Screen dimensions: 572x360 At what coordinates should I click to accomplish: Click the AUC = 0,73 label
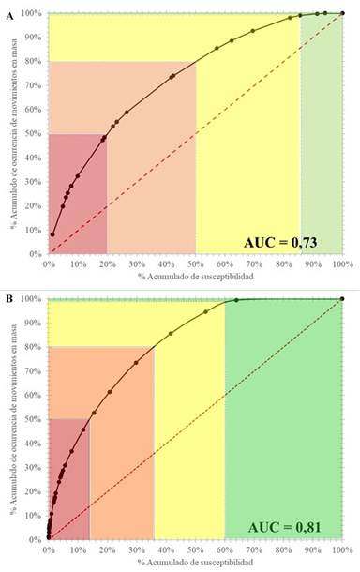pyautogui.click(x=280, y=243)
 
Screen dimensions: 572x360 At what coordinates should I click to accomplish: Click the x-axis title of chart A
pyautogui.click(x=194, y=278)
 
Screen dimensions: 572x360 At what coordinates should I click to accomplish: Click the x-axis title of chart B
pyautogui.click(x=194, y=563)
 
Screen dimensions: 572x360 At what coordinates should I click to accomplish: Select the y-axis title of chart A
pyautogui.click(x=12, y=133)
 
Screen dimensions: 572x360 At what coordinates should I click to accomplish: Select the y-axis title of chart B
pyautogui.click(x=12, y=418)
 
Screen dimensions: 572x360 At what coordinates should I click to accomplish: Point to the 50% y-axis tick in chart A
pyautogui.click(x=34, y=134)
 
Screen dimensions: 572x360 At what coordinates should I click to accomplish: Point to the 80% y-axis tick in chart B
pyautogui.click(x=34, y=347)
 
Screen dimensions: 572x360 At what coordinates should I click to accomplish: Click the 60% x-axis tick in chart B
pyautogui.click(x=224, y=549)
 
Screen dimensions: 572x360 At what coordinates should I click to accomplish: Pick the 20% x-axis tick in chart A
pyautogui.click(x=107, y=263)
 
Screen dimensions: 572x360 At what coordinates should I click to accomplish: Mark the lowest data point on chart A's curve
pyautogui.click(x=53, y=234)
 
